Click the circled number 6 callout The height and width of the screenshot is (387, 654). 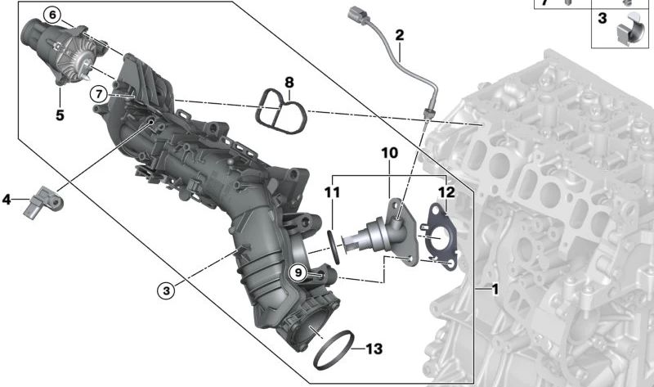[52, 15]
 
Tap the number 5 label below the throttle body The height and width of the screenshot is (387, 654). [60, 115]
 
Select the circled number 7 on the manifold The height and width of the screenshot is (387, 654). [98, 94]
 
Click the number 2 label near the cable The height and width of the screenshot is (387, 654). [399, 35]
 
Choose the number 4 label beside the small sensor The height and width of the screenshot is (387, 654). [7, 198]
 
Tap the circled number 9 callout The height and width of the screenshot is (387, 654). [299, 272]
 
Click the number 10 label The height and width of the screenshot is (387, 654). [388, 153]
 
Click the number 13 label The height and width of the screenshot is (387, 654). [373, 349]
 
